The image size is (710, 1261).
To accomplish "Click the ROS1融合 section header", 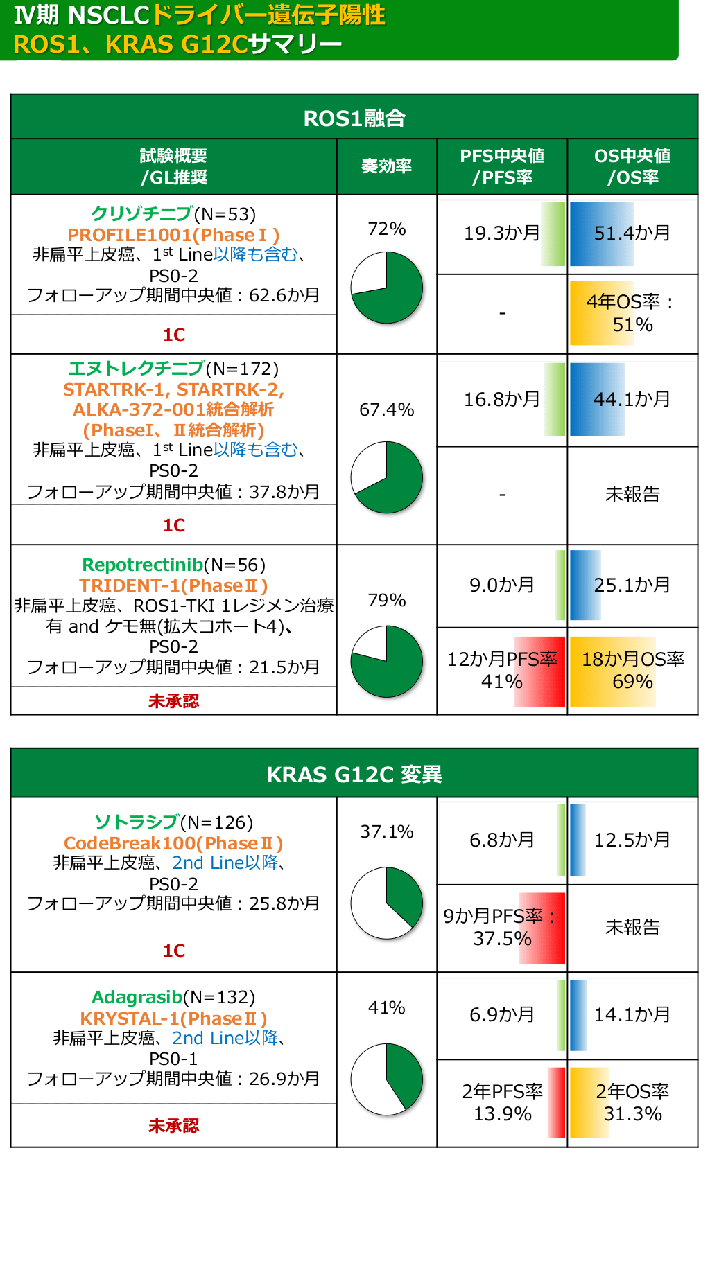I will [x=354, y=118].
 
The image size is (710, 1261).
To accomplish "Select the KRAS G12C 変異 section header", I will [x=354, y=774].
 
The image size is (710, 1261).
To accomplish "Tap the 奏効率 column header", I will [x=386, y=166].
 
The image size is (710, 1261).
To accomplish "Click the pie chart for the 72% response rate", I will [x=387, y=288].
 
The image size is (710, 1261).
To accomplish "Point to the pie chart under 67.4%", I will [x=387, y=477].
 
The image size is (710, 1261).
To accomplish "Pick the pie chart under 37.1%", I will [x=387, y=903].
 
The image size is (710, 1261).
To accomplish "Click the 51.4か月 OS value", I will [x=632, y=233].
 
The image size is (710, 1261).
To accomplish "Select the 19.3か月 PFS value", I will [x=501, y=233].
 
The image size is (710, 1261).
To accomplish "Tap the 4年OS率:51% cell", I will [x=632, y=313].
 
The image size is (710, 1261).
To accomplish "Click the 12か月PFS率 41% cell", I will [x=502, y=671].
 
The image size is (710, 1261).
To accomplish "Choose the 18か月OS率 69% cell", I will [x=632, y=671].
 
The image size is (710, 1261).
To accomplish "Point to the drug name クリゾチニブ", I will [x=142, y=214].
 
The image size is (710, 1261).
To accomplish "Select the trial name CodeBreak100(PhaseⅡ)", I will [x=173, y=843].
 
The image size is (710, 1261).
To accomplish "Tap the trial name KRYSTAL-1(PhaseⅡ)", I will [x=173, y=1018].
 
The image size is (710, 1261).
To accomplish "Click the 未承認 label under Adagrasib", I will [x=173, y=1126].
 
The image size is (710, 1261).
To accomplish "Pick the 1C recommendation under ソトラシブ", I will [x=173, y=951].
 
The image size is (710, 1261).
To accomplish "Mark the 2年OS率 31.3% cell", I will [x=632, y=1103].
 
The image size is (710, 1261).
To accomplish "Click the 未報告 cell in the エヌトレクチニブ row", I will [x=632, y=494].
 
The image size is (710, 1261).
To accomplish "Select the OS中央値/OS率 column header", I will [x=632, y=166].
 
